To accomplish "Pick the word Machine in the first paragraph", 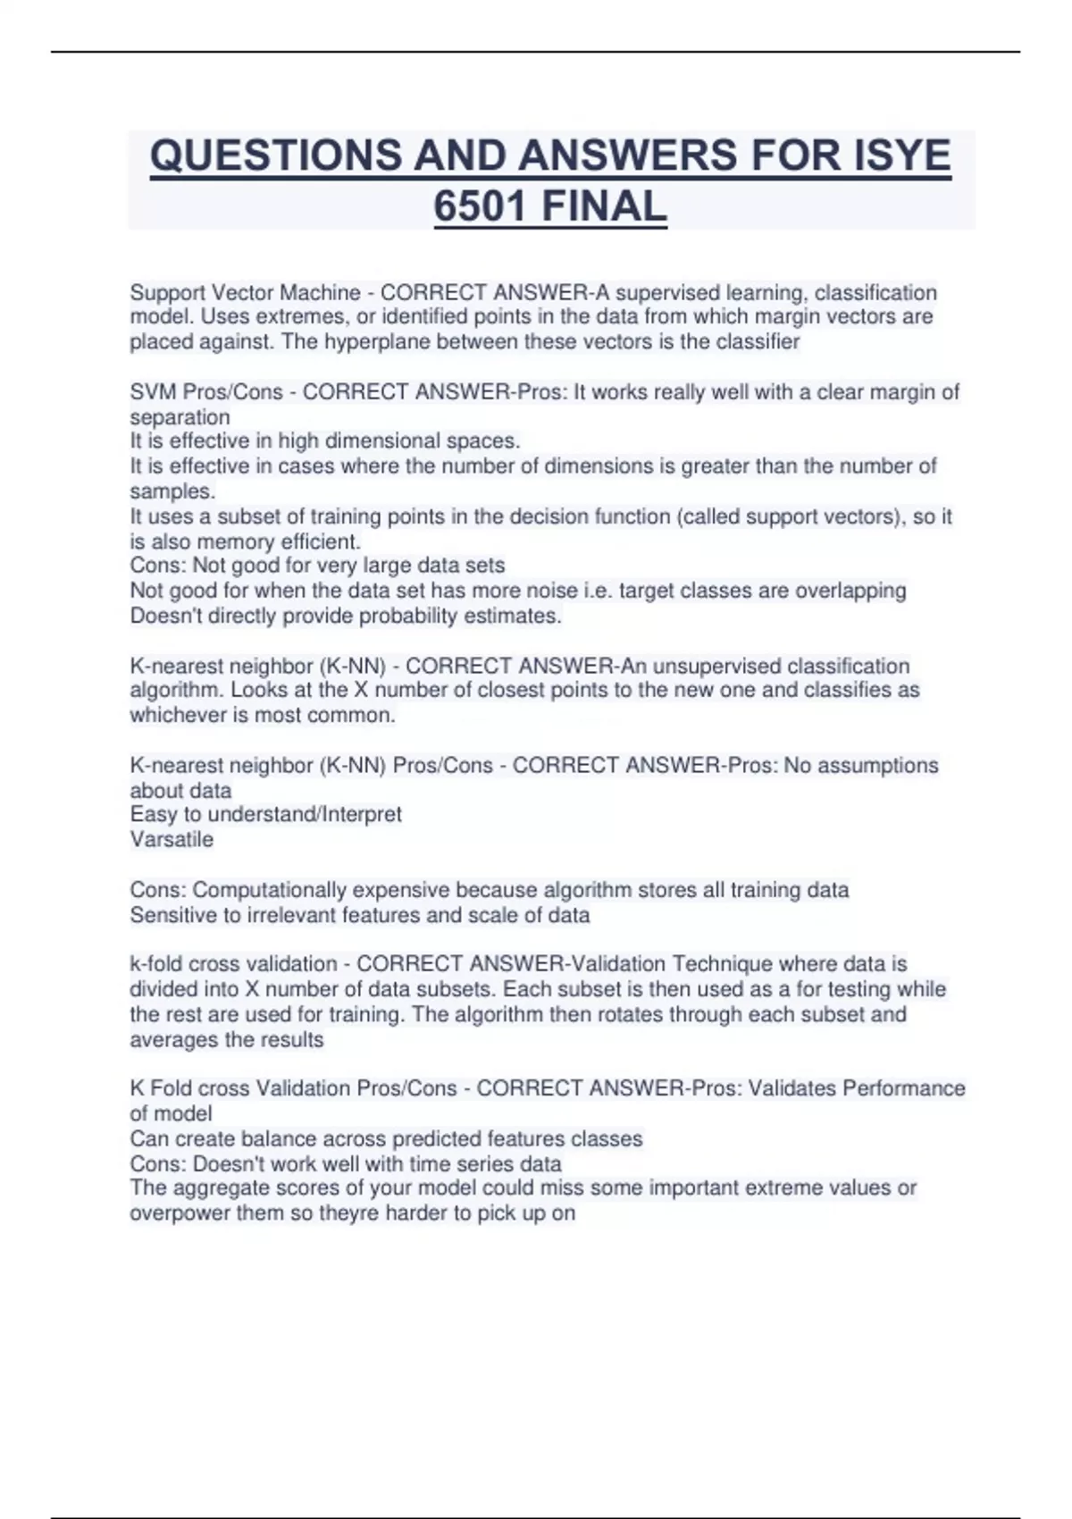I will coord(322,292).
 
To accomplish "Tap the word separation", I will coord(180,417).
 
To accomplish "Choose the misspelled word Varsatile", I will coord(172,839).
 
